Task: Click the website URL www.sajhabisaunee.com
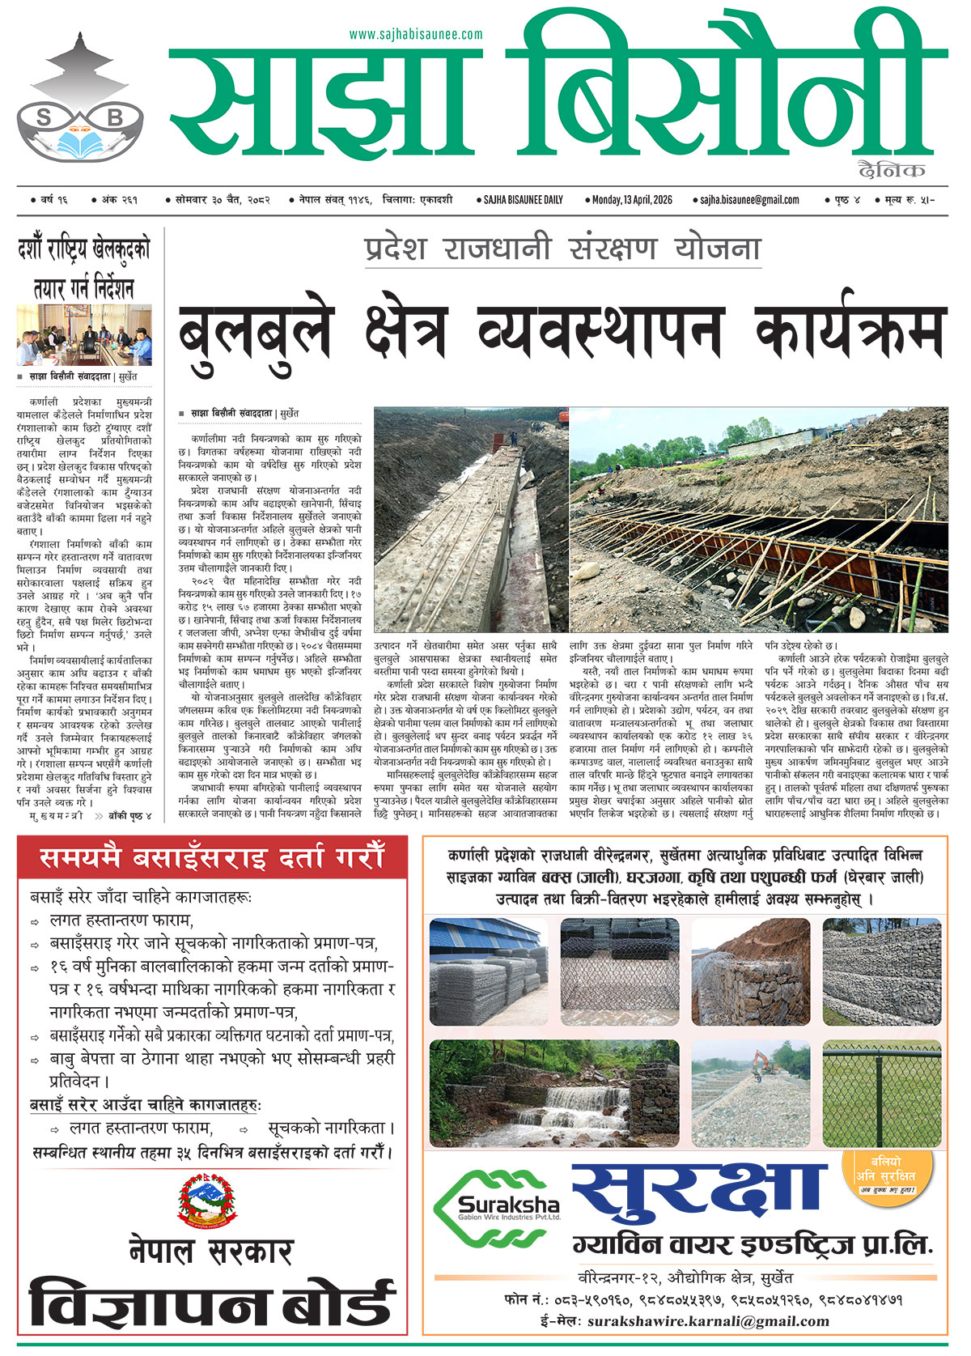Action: point(416,35)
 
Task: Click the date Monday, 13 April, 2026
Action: point(632,200)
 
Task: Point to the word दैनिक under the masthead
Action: point(893,170)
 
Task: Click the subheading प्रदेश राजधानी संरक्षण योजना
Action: point(562,248)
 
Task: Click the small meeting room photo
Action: point(84,335)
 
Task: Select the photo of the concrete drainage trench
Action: point(471,520)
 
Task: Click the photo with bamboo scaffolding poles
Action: point(758,520)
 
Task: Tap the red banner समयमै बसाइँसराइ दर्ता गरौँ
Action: point(212,858)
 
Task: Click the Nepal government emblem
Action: point(210,1198)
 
